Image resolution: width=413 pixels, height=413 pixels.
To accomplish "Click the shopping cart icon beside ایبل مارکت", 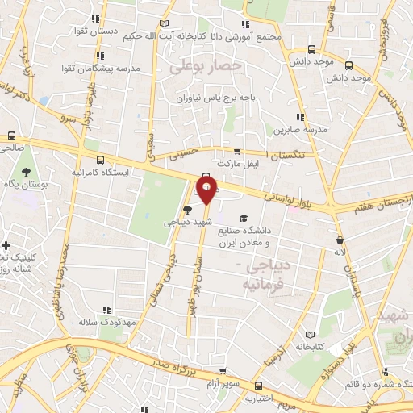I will point(236,151).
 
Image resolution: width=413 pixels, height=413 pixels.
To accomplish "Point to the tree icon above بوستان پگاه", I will point(27,171).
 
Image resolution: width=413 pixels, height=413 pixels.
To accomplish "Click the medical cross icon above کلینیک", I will point(6,245).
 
